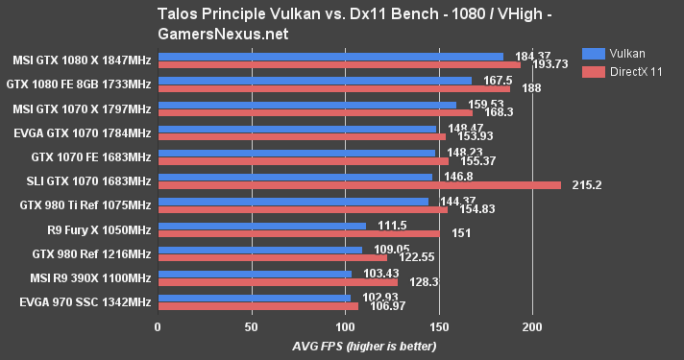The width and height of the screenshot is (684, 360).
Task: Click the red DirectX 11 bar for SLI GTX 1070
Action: [x=358, y=185]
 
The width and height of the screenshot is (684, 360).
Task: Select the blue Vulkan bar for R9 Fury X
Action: [x=261, y=226]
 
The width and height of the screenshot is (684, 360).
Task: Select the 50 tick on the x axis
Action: [x=251, y=326]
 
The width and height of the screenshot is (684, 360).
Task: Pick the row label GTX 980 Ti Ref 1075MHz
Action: [x=85, y=204]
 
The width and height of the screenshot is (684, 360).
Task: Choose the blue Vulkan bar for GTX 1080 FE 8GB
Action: [x=314, y=81]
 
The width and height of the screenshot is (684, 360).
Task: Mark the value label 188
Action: [x=531, y=88]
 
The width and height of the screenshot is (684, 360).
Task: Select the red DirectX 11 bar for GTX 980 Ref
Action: [x=272, y=257]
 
